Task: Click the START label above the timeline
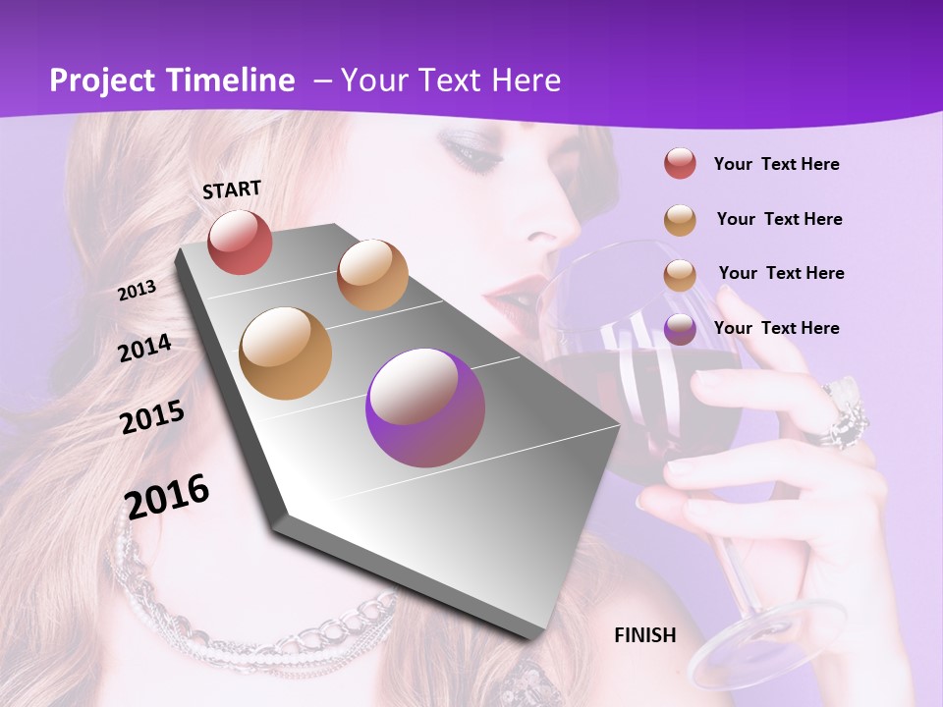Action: pos(232,189)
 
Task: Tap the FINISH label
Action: pos(645,635)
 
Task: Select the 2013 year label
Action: pos(137,291)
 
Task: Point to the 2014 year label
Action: pos(144,348)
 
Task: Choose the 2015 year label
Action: pos(151,416)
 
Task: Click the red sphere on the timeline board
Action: pos(240,242)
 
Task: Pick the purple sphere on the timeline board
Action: pos(425,408)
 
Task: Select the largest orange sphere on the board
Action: pos(286,353)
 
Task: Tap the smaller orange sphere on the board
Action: pos(372,275)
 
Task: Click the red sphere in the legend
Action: pos(680,164)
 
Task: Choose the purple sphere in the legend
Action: pos(680,328)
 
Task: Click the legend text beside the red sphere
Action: pos(776,164)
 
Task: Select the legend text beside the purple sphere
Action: pos(776,328)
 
